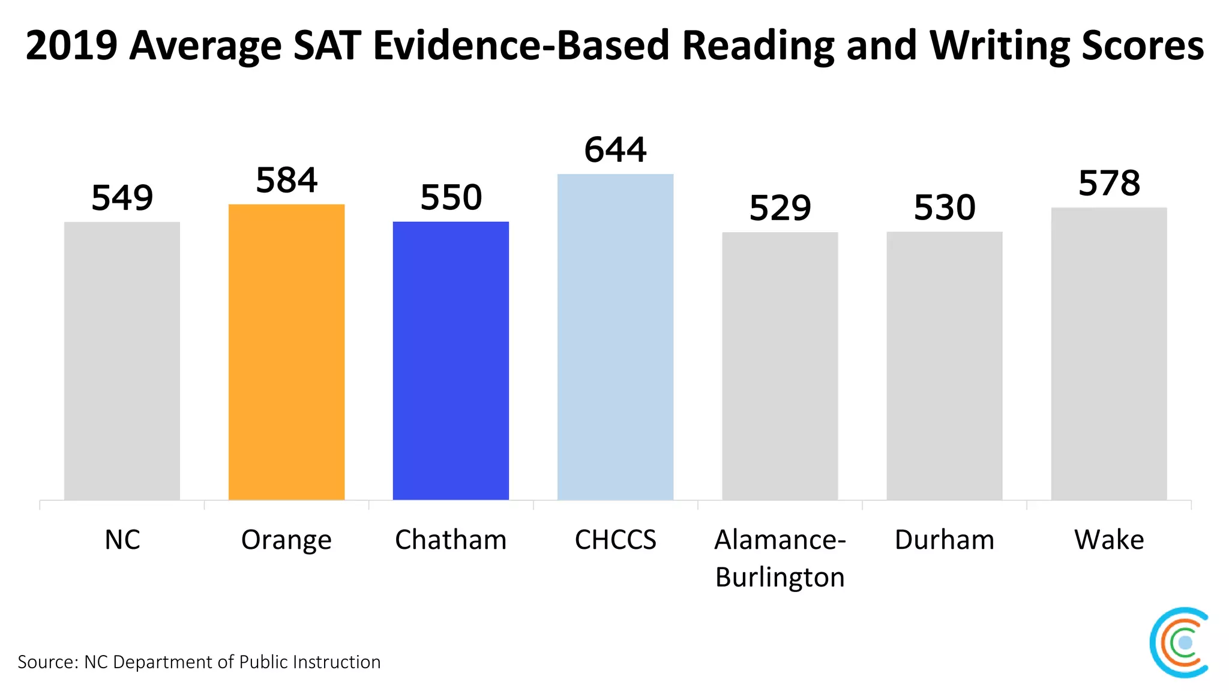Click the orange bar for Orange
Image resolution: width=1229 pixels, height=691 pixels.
[x=286, y=352]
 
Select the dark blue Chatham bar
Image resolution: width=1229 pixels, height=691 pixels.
[x=451, y=360]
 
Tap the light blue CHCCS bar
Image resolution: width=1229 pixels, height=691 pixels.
[x=615, y=337]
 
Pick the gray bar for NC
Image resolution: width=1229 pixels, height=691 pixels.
[x=122, y=360]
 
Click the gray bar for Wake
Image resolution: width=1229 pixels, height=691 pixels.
[x=1108, y=354]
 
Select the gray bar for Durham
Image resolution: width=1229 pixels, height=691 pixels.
[x=944, y=366]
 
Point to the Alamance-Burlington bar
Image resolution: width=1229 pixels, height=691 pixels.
[x=780, y=366]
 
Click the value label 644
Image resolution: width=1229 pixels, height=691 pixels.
[x=615, y=149]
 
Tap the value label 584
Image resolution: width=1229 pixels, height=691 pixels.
[x=286, y=180]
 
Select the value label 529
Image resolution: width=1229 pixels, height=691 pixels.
[x=780, y=208]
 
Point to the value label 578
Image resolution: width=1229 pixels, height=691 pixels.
[x=1108, y=183]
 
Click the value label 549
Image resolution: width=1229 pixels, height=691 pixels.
[x=122, y=197]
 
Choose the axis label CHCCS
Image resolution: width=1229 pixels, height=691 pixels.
[x=615, y=540]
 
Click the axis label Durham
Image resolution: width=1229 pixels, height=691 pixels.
[x=944, y=540]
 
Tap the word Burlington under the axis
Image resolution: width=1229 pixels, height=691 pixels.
[x=780, y=577]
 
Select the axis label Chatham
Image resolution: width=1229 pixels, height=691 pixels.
[x=451, y=540]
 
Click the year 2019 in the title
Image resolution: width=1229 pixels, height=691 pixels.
[x=71, y=46]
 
